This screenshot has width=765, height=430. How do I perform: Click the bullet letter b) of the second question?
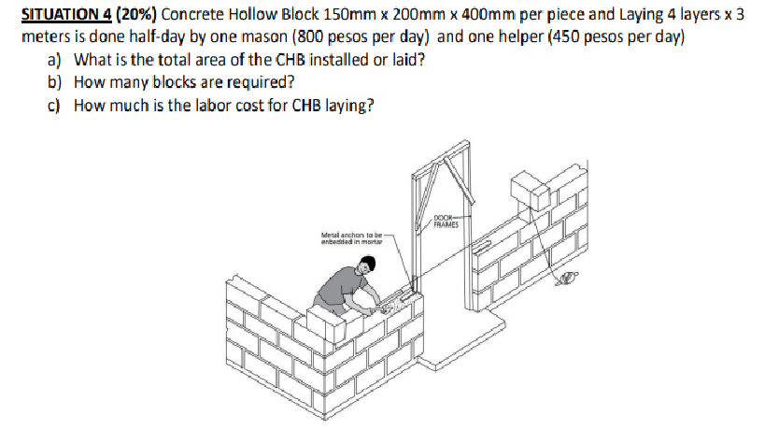click(54, 83)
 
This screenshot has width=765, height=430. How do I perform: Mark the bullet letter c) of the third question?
click(53, 105)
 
